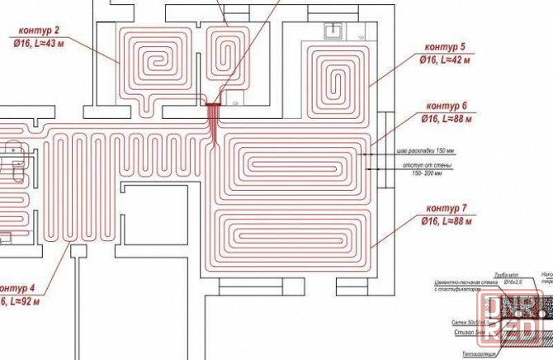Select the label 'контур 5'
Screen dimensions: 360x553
tap(445, 48)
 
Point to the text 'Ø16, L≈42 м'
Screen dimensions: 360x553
tap(445, 59)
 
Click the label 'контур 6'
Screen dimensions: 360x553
tap(447, 107)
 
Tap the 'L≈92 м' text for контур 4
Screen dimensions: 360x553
tap(18, 302)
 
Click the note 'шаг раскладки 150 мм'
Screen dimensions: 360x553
tap(426, 151)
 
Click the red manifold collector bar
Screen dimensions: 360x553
tap(214, 105)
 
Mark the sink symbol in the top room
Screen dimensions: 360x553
tap(334, 31)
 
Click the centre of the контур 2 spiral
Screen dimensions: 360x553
tap(155, 64)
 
